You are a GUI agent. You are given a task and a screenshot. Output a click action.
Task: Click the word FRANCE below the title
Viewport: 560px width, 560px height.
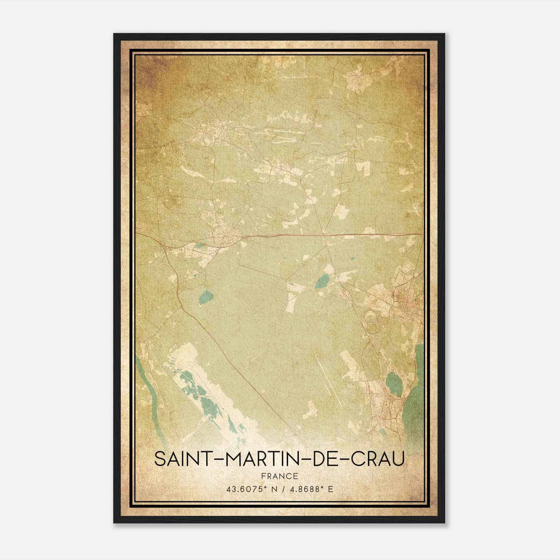280,476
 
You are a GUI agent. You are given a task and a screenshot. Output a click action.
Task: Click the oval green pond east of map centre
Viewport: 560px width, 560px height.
322,281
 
